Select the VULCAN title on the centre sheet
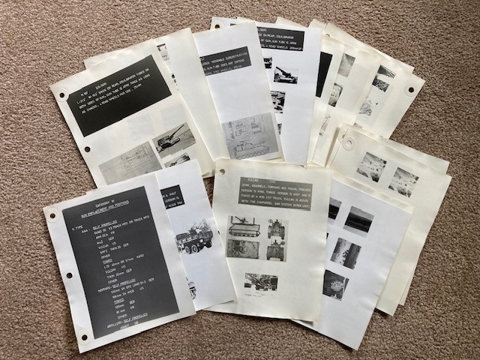click(x=277, y=181)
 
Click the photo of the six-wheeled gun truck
click(x=190, y=241)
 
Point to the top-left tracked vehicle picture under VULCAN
click(x=244, y=226)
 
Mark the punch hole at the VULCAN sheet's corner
click(x=222, y=172)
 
